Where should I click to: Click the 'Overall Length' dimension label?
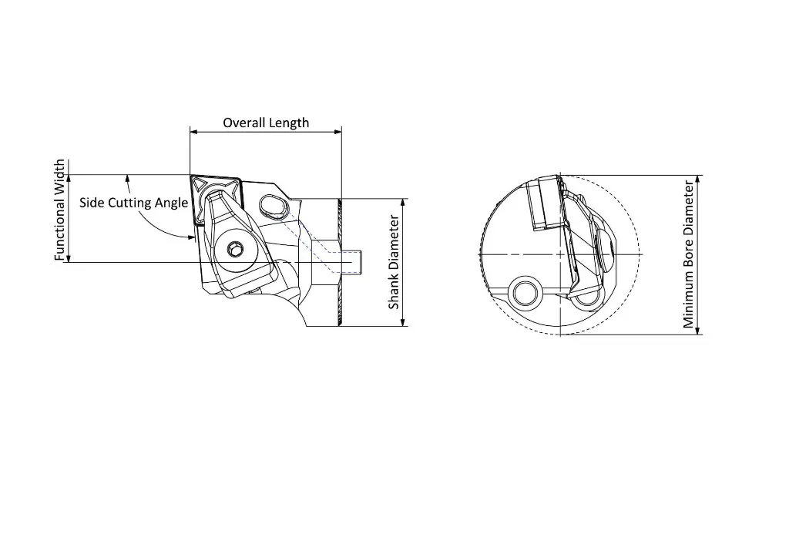[x=266, y=123]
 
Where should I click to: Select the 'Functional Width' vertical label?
[x=59, y=210]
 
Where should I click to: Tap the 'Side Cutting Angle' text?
[x=133, y=203]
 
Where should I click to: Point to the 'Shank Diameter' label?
[x=394, y=262]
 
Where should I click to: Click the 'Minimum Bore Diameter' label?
[x=690, y=254]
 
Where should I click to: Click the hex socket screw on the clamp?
[x=236, y=250]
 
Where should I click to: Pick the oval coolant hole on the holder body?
[x=273, y=204]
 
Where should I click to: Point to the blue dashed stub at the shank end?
[x=355, y=261]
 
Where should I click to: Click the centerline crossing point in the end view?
[x=560, y=254]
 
